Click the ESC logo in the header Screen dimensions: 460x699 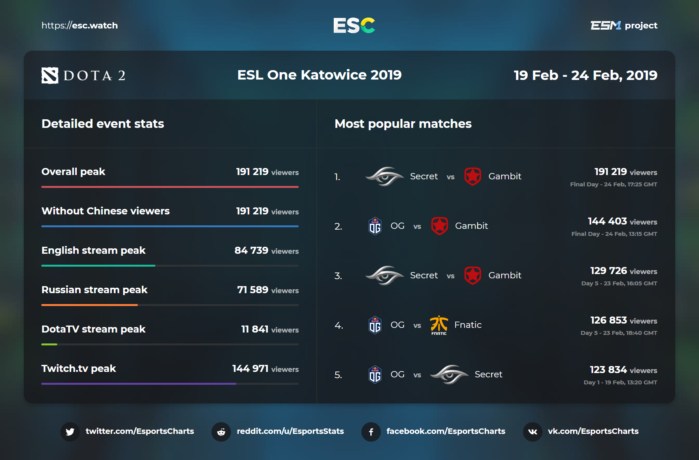pos(354,25)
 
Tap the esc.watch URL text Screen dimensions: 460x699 pos(79,25)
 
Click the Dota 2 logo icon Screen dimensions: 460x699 pos(50,75)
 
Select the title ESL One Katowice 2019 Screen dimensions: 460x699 pos(319,75)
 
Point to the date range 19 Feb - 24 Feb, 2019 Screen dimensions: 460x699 pos(585,75)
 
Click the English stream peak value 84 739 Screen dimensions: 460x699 pos(252,250)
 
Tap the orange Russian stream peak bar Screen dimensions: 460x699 pos(90,305)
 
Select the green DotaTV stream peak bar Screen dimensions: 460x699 pos(49,344)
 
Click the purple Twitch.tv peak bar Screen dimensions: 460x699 pos(139,384)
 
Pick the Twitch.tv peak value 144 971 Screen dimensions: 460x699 pos(250,368)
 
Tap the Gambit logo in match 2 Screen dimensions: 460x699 pos(440,226)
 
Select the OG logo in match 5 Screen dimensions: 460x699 pos(375,375)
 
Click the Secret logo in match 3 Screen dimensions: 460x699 pos(384,275)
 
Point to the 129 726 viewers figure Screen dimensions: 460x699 pos(609,271)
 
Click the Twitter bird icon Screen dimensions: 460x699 pos(70,432)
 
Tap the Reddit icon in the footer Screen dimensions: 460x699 pos(221,432)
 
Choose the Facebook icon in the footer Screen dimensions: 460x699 pos(371,432)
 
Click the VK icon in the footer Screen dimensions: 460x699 pos(532,432)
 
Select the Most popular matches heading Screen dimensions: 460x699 pos(403,124)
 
